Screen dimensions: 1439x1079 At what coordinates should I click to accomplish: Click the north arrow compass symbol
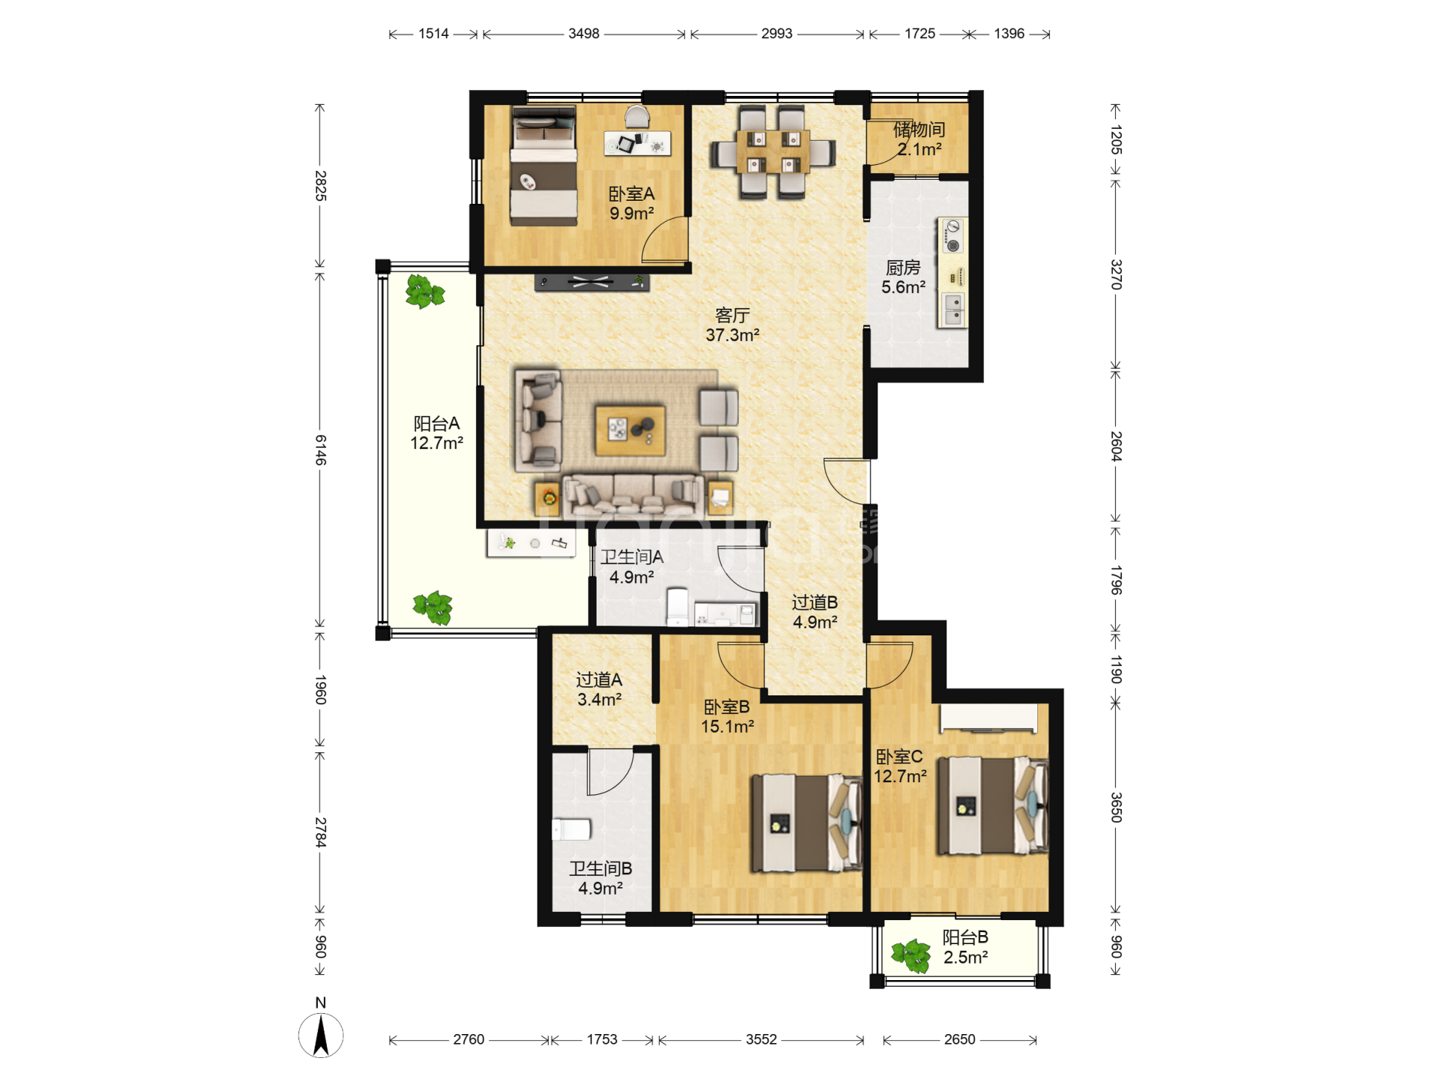[321, 1036]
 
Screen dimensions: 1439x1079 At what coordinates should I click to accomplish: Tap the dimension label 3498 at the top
[584, 34]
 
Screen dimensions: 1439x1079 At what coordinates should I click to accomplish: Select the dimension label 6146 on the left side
[321, 450]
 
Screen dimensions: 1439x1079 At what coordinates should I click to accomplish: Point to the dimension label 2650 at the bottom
[959, 1039]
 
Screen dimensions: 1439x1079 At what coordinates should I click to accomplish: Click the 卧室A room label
[631, 194]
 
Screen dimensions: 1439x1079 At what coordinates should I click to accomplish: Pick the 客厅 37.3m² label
[732, 325]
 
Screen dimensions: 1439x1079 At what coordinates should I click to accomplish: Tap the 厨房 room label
[903, 268]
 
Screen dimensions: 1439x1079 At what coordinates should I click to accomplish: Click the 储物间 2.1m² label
[919, 139]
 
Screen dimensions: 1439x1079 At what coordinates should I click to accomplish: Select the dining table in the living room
[773, 153]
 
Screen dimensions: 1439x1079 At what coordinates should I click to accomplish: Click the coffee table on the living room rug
[630, 430]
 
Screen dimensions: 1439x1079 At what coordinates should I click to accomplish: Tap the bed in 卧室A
[544, 166]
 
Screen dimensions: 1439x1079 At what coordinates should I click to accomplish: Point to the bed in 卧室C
[992, 806]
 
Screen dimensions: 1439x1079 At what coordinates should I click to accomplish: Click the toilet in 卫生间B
[572, 829]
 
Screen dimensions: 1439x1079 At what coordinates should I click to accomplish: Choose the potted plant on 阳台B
[911, 955]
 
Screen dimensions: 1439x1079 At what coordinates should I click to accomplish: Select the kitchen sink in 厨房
[953, 309]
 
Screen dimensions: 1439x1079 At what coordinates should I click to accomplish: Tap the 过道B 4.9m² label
[815, 612]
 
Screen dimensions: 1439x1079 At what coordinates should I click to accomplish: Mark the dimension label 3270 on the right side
[1116, 274]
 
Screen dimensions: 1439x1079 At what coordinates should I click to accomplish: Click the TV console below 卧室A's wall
[592, 282]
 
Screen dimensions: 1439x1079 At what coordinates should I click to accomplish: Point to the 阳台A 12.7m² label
[436, 433]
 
